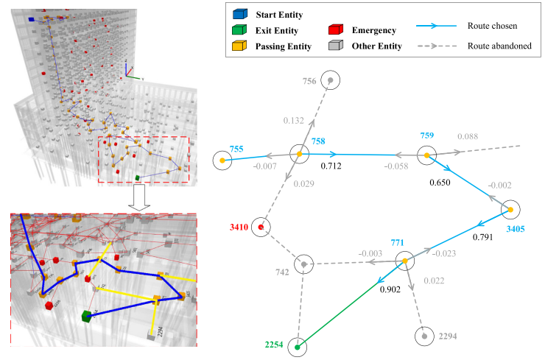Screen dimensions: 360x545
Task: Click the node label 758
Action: point(318,140)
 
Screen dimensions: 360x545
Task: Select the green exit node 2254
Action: point(298,347)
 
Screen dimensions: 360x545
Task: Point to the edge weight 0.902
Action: point(390,289)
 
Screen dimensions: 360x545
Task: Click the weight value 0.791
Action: point(484,237)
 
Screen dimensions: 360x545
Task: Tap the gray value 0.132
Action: point(294,121)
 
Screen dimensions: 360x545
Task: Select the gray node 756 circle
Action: point(331,80)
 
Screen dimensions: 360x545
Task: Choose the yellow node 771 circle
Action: point(405,261)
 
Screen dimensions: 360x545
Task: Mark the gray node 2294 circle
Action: point(424,336)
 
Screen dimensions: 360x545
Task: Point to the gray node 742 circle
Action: point(303,263)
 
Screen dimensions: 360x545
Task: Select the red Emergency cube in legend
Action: point(334,30)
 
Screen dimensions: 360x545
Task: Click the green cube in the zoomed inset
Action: point(87,316)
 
